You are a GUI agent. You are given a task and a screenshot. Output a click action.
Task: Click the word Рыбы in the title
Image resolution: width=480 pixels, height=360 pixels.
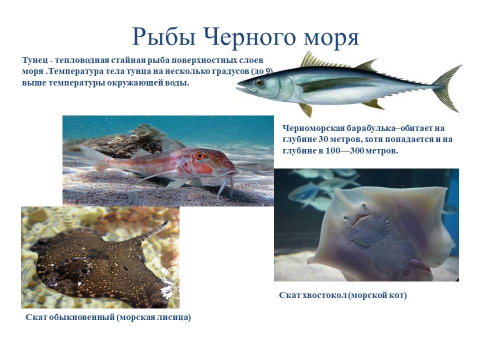click(x=164, y=36)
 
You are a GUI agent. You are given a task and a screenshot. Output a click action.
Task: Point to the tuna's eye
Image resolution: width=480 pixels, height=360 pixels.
click(x=259, y=82)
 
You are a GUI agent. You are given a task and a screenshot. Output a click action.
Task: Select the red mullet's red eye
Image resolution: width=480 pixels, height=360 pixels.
click(x=200, y=156)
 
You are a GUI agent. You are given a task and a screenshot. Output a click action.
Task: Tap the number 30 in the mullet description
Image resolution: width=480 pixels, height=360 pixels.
click(x=323, y=139)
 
